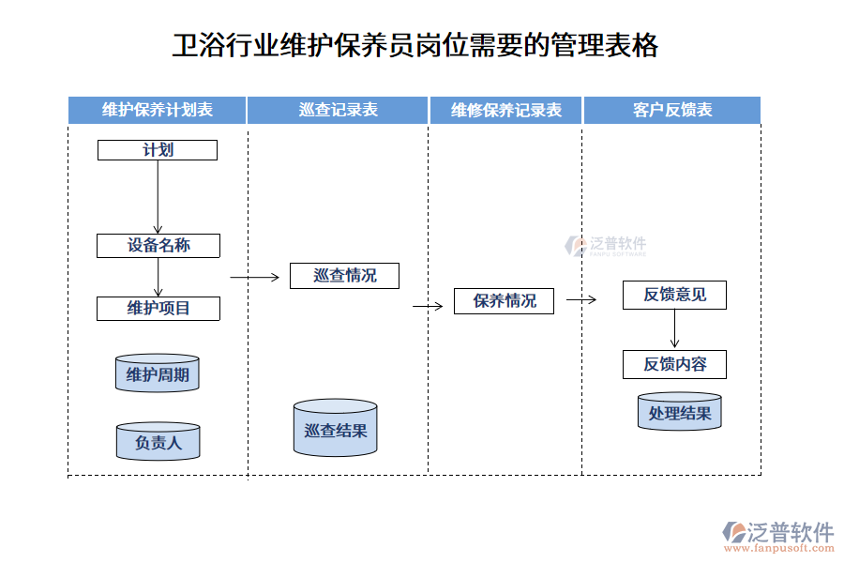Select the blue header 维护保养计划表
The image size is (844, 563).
point(158,110)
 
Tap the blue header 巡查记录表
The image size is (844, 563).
point(339,110)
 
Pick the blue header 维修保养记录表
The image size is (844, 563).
point(506,110)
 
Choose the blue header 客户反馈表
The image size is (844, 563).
point(672,110)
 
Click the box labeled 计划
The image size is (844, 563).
point(158,150)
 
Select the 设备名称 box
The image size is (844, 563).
point(158,246)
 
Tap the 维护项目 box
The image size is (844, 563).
point(158,308)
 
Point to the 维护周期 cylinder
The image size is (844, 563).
point(158,375)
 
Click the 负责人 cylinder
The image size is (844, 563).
point(158,441)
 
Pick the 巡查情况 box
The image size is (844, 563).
point(344,275)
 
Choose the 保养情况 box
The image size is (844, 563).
point(505,301)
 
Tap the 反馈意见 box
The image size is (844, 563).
point(674,295)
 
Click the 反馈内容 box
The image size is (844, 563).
point(674,364)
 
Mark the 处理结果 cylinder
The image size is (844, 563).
point(680,413)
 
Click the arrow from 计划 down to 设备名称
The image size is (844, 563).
point(158,197)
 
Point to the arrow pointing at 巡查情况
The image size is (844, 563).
point(255,277)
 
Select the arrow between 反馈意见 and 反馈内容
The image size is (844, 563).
point(674,329)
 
